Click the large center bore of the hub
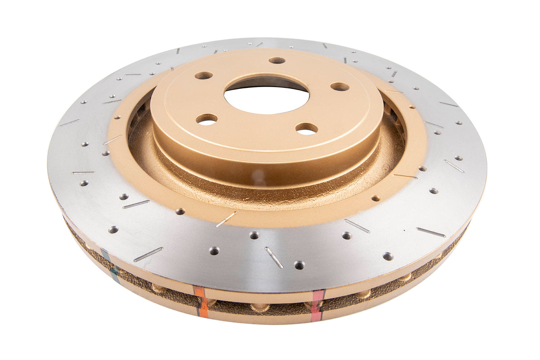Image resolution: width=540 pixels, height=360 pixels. pyautogui.click(x=266, y=95)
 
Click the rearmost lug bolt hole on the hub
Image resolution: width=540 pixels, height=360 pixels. pyautogui.click(x=277, y=60)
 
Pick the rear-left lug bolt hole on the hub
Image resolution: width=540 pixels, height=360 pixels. pyautogui.click(x=204, y=76)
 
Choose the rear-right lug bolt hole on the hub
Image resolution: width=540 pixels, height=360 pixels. pyautogui.click(x=340, y=87)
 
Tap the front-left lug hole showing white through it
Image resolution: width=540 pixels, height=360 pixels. pyautogui.click(x=206, y=119)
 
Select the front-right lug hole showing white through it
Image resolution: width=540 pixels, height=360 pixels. pyautogui.click(x=306, y=129)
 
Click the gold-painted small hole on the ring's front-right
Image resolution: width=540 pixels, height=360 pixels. pyautogui.click(x=376, y=198)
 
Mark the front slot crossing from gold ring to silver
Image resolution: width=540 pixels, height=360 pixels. pyautogui.click(x=226, y=219)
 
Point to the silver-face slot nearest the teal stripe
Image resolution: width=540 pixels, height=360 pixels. pyautogui.click(x=148, y=254)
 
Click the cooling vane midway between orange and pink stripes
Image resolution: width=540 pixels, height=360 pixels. pyautogui.click(x=260, y=307)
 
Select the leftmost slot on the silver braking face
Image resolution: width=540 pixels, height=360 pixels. pyautogui.click(x=69, y=123)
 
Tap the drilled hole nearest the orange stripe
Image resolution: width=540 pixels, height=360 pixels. pyautogui.click(x=214, y=251)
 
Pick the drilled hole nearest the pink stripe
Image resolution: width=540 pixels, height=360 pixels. pyautogui.click(x=299, y=265)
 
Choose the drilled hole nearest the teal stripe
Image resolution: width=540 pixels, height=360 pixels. pyautogui.click(x=113, y=229)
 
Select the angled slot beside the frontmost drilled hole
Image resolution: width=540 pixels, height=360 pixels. pyautogui.click(x=274, y=257)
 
